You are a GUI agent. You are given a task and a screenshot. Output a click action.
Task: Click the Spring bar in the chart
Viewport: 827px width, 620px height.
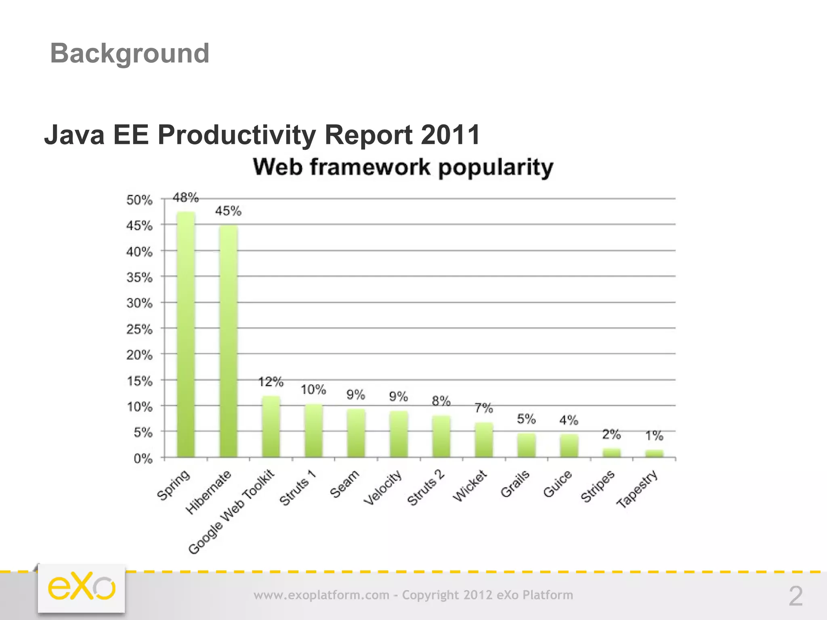[186, 335]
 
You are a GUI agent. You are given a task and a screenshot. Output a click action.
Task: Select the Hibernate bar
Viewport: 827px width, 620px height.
[228, 341]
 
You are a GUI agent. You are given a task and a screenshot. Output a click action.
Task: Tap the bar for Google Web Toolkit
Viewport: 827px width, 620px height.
[271, 427]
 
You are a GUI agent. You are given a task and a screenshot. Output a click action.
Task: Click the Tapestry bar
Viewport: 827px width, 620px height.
[654, 453]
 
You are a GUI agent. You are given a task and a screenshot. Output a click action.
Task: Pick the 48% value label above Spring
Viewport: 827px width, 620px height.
[186, 197]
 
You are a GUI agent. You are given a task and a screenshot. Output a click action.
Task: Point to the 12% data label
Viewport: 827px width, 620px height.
[271, 381]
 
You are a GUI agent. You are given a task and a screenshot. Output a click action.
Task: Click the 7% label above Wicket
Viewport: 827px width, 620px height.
[484, 408]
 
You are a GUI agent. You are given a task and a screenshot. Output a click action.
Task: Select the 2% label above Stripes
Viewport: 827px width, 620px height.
[611, 434]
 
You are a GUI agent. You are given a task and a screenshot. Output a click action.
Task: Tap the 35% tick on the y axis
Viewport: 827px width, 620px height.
[139, 277]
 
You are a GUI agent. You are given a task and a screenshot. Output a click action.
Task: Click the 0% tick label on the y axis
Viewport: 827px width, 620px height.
[143, 459]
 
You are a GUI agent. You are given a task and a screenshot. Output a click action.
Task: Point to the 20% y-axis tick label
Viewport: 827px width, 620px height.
[139, 355]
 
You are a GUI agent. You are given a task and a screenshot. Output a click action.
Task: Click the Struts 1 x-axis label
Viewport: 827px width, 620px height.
[297, 488]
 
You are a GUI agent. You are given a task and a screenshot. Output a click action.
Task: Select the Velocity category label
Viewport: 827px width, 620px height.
[383, 487]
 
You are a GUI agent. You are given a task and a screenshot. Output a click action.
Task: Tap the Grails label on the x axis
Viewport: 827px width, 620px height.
[515, 484]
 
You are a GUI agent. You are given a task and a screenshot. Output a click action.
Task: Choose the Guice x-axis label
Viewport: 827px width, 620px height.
[557, 484]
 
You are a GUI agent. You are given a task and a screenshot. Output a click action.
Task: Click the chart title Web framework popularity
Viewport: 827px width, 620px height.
[403, 167]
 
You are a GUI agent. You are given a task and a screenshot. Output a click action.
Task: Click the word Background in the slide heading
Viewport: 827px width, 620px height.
[130, 53]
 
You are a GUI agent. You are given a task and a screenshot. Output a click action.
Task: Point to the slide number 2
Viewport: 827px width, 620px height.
[796, 596]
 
